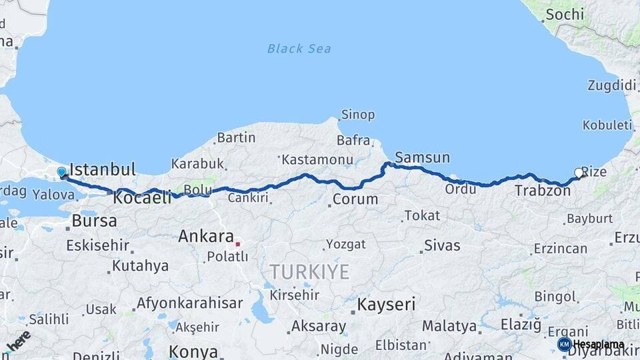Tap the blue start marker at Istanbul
[62, 173]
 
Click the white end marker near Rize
[579, 173]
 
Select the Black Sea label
[299, 49]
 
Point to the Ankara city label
[205, 236]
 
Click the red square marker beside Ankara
[237, 244]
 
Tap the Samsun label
[422, 158]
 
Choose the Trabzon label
[542, 191]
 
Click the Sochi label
[564, 14]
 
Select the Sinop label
[357, 115]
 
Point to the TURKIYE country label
[309, 271]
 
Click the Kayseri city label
[386, 305]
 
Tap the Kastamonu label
[317, 160]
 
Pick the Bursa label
[94, 221]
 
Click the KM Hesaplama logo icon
[564, 344]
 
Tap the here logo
[18, 342]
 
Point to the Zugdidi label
[611, 85]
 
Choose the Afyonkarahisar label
[189, 303]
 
